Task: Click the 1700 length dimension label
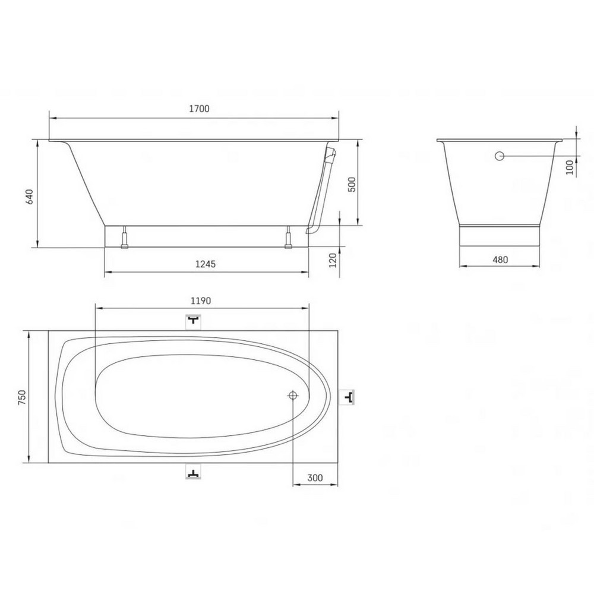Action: [x=199, y=109]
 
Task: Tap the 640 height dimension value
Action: [x=29, y=197]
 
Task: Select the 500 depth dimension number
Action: [x=352, y=185]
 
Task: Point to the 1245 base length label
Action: [x=206, y=264]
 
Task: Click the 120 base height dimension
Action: [x=333, y=260]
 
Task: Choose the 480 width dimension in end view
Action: [x=500, y=260]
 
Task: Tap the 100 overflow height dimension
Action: [x=570, y=167]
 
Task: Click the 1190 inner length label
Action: [x=200, y=301]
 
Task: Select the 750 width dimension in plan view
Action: [x=22, y=397]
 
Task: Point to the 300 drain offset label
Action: [x=315, y=478]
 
